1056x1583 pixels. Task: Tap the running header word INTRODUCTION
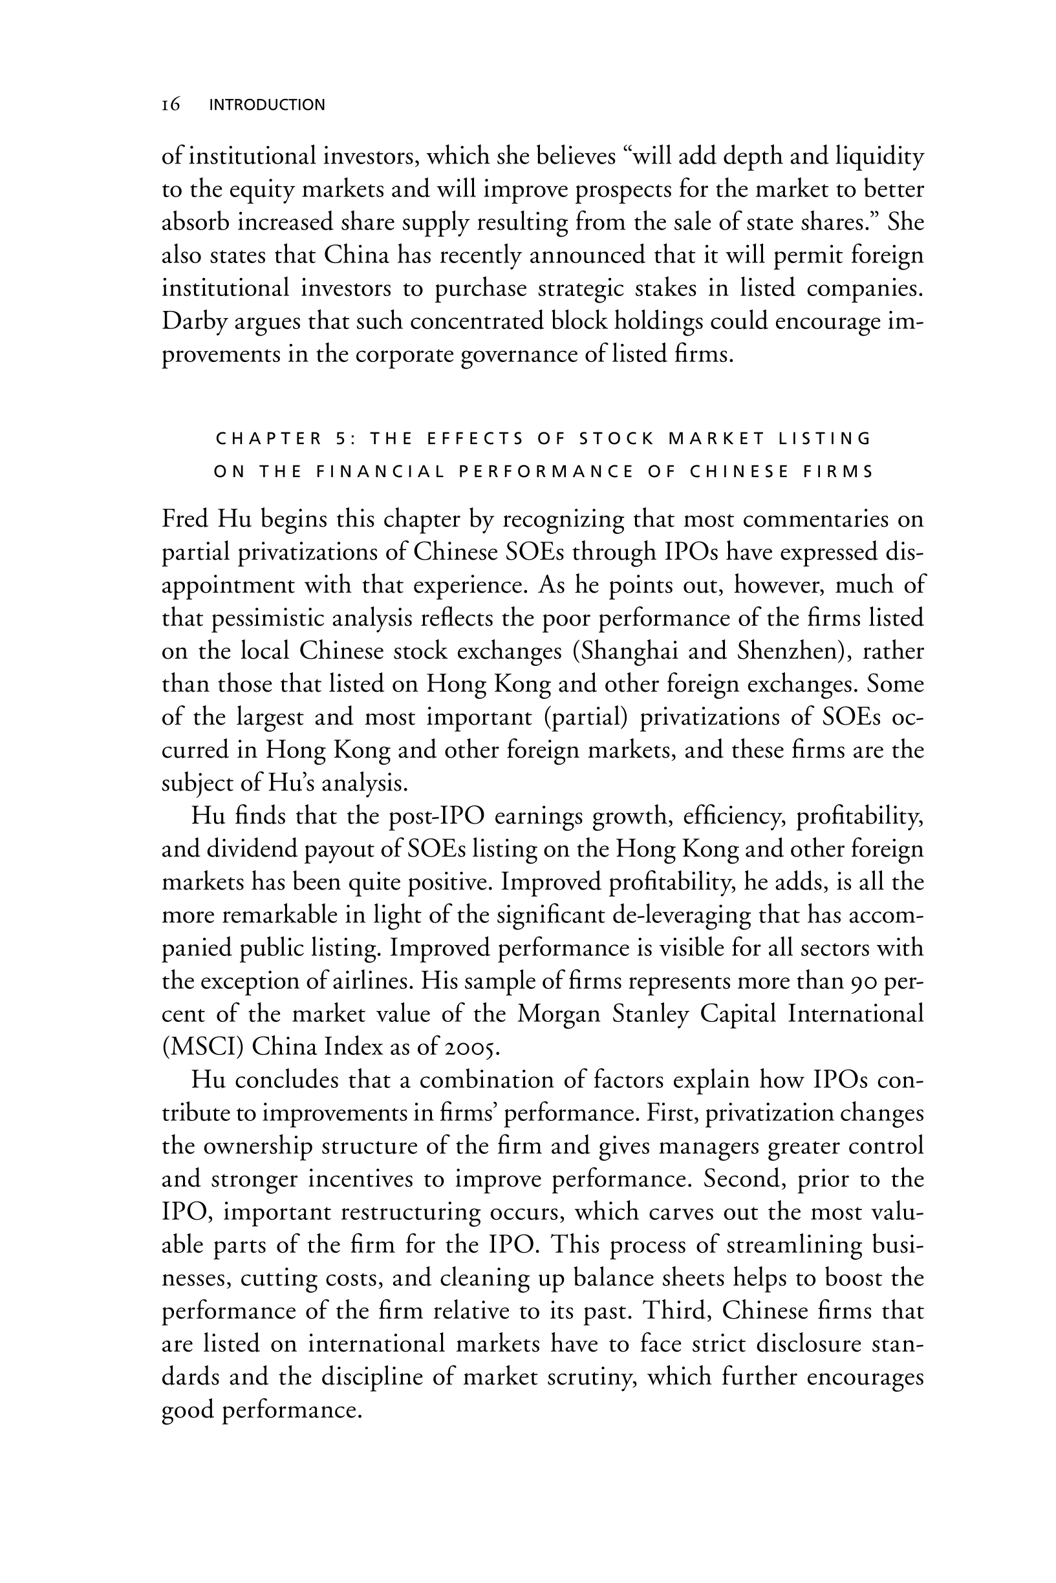(x=267, y=105)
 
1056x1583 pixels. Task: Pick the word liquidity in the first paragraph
(x=879, y=156)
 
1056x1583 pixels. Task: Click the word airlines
(x=371, y=981)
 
